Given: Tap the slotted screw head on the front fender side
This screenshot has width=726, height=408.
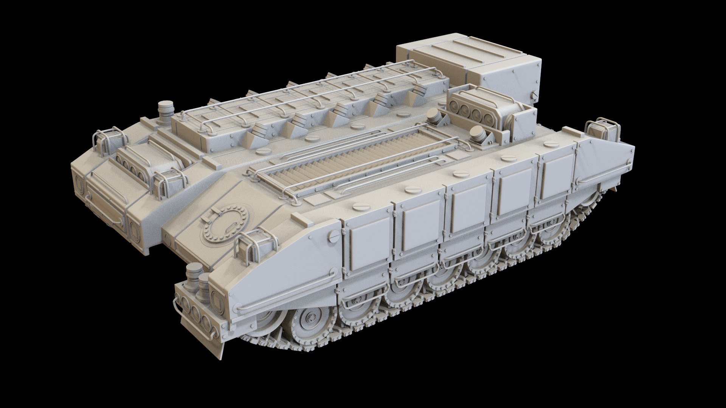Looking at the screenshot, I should click(x=334, y=236).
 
